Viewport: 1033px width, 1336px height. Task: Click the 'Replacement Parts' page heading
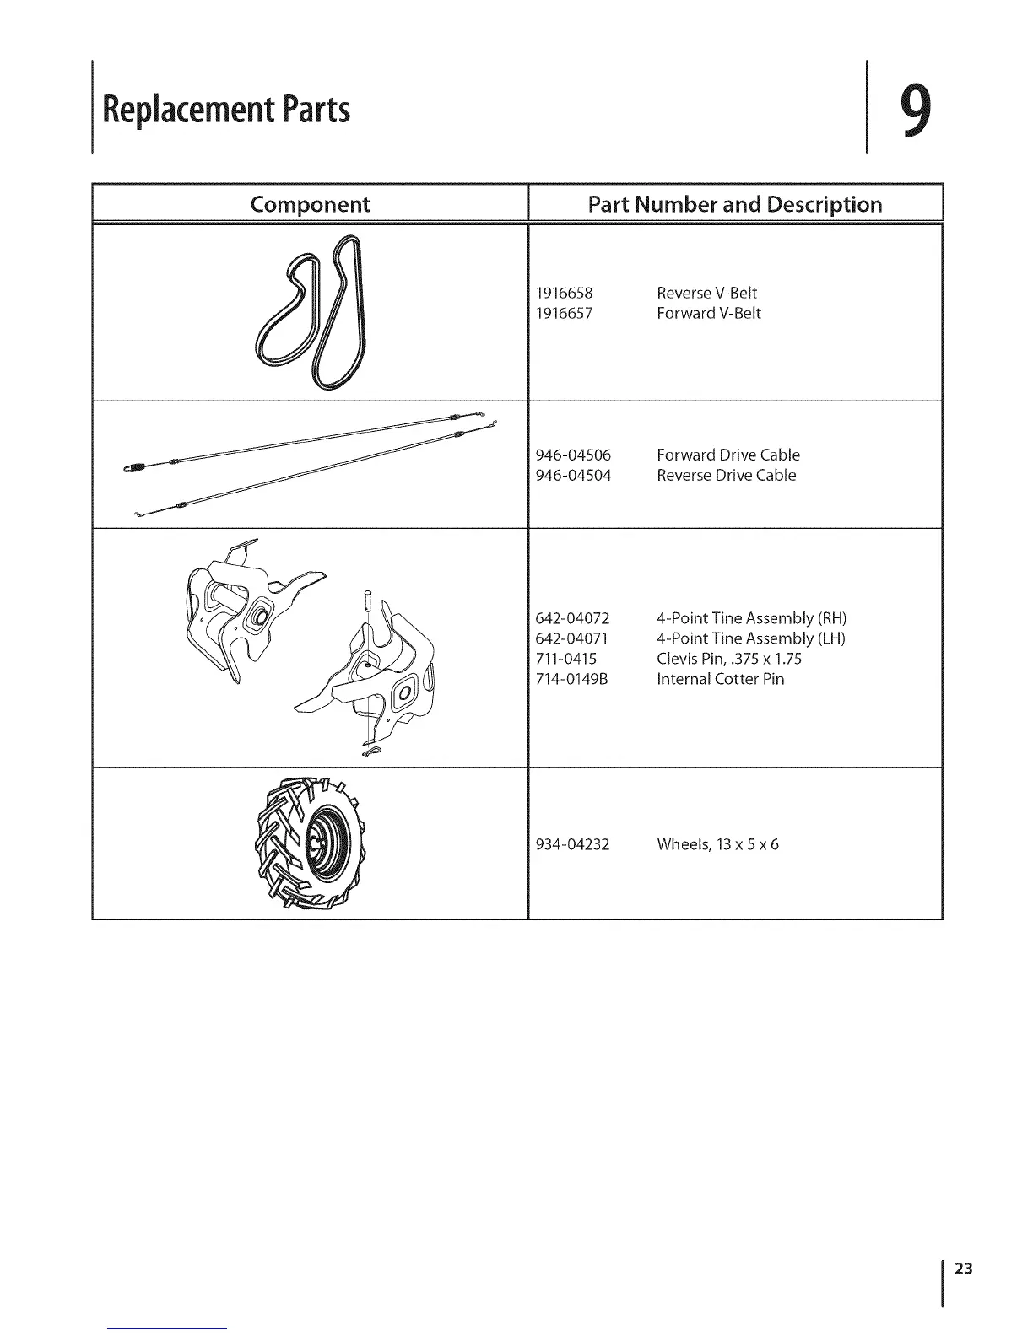225,110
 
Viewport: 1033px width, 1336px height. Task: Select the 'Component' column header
310,204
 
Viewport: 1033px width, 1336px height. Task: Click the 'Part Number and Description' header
734,204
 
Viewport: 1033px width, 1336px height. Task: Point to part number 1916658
565,293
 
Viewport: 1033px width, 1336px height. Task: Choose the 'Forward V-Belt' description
709,313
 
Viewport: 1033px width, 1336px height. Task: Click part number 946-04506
574,455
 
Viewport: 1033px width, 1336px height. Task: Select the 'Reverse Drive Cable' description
726,475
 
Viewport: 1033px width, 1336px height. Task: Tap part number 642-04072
573,618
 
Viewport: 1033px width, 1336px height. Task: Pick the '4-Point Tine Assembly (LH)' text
751,638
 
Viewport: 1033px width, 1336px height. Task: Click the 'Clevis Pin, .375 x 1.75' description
729,659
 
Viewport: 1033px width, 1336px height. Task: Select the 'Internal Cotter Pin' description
720,679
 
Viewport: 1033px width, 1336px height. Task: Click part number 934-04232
573,844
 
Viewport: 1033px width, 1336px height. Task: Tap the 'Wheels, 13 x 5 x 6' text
717,844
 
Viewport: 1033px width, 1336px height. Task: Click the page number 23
964,1269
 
